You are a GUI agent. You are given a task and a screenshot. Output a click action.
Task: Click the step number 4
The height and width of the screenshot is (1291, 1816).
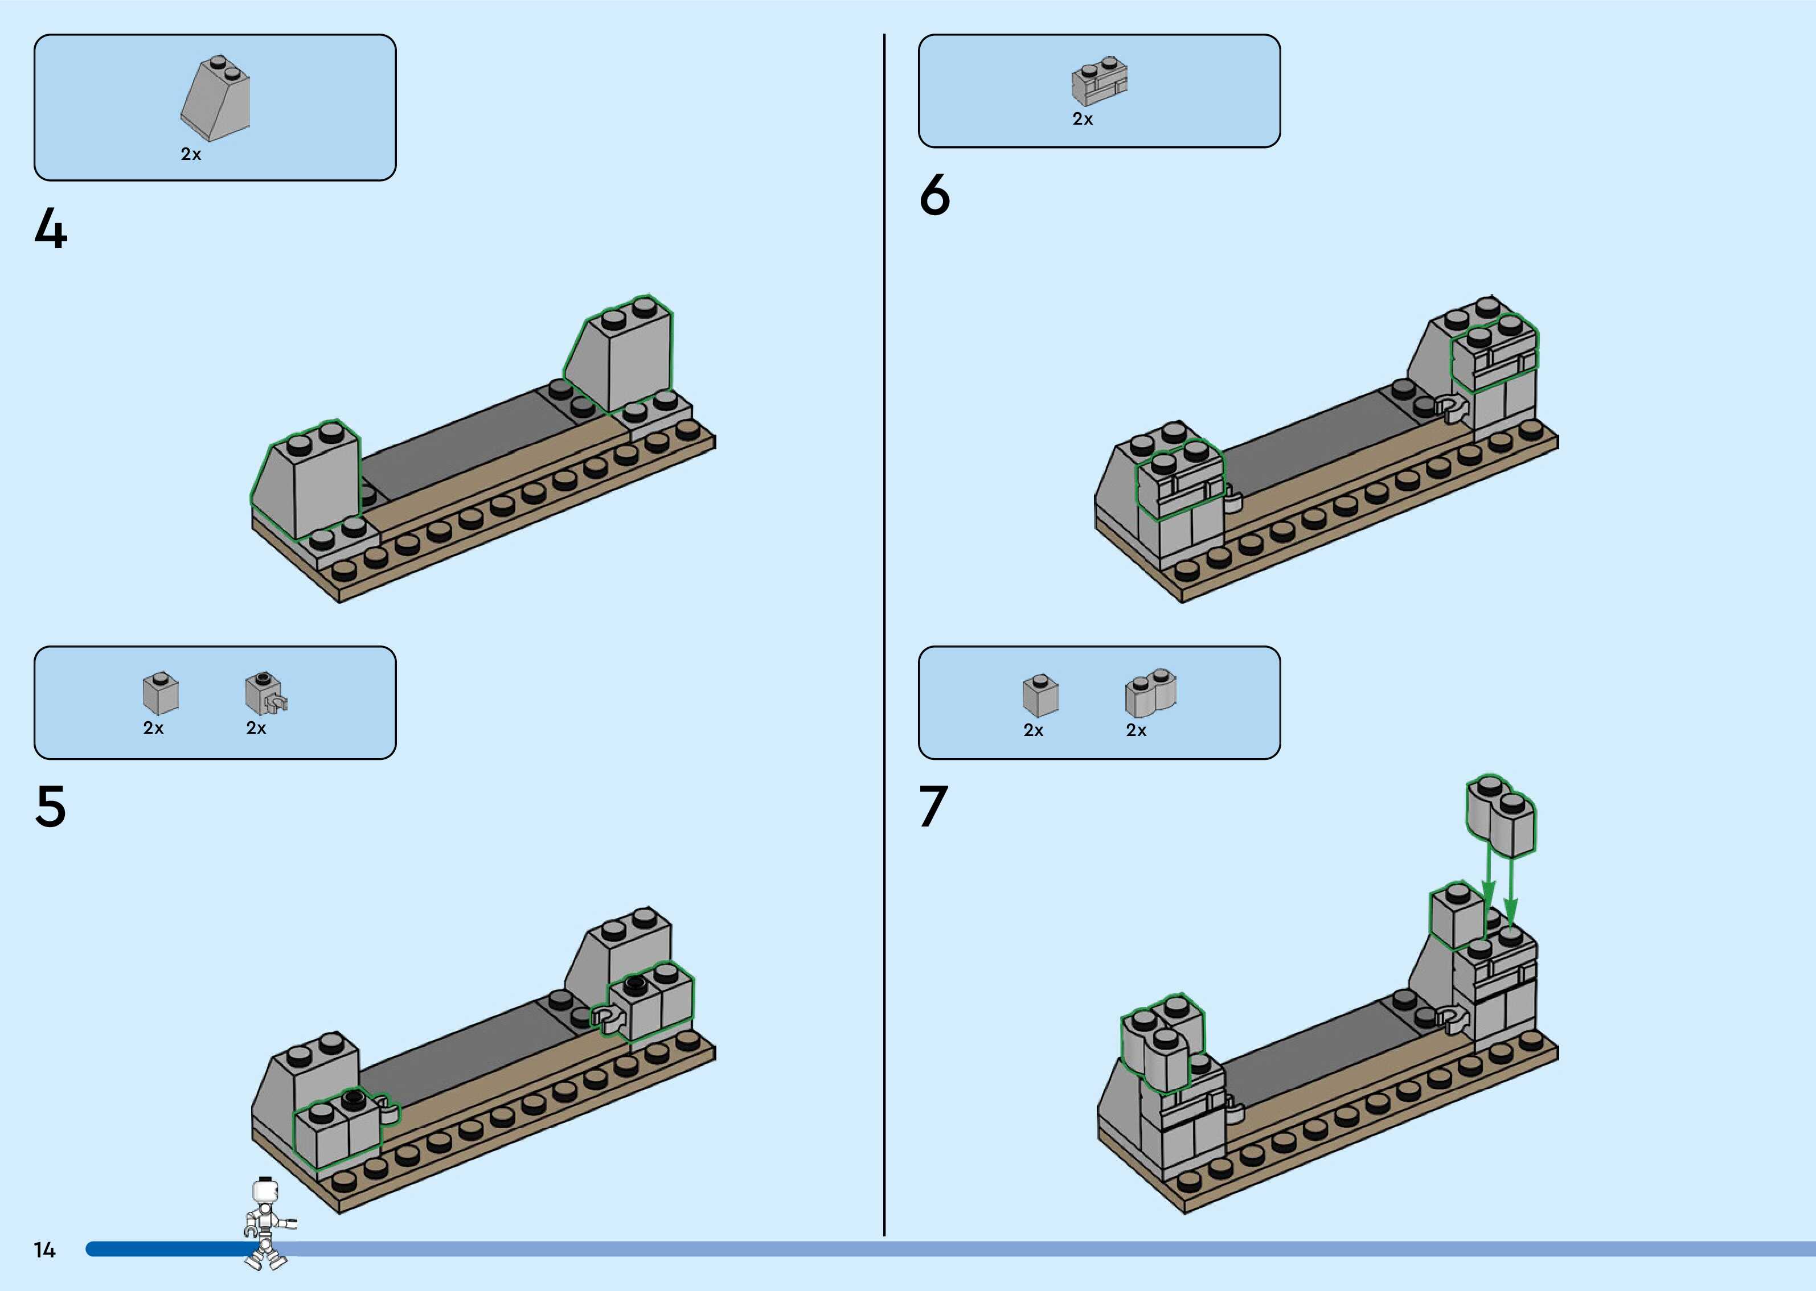point(51,229)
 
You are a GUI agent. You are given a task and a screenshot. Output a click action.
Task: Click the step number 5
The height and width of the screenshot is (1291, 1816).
point(50,807)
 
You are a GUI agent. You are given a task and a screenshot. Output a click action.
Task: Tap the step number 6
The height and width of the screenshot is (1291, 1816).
point(935,195)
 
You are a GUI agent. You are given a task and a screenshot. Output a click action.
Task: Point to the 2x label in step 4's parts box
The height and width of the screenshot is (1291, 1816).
point(191,154)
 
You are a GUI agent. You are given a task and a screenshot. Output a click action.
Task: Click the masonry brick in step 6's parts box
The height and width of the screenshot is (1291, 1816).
point(1100,82)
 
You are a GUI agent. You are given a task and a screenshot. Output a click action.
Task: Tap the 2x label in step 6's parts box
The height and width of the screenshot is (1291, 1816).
point(1082,119)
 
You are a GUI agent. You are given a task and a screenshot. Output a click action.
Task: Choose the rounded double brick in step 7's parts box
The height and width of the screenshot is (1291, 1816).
point(1150,692)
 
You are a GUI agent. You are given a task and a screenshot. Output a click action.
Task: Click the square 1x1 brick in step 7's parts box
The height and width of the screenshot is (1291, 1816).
point(1040,696)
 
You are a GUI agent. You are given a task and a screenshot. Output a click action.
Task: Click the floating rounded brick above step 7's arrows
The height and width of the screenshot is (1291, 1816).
point(1501,816)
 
